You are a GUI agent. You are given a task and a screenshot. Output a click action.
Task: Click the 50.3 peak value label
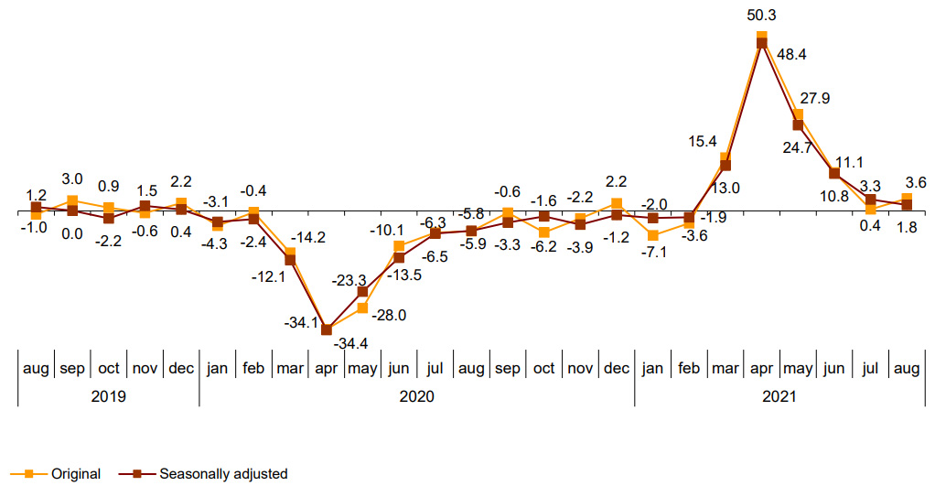pos(761,16)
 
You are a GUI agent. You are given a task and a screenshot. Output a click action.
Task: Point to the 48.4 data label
pos(791,55)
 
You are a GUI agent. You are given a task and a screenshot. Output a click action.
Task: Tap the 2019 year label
pos(109,397)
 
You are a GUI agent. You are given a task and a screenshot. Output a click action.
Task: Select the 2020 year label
pos(417,397)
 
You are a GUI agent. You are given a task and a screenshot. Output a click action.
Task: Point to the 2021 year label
pos(779,397)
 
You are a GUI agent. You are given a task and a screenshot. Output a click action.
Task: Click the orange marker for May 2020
pos(362,308)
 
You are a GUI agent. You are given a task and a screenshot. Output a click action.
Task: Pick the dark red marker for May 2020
pos(362,292)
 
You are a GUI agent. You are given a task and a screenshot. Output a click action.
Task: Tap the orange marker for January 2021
pos(653,236)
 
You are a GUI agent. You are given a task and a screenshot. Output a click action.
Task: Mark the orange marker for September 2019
pos(72,200)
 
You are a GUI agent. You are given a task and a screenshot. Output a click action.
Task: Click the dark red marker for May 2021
pos(798,124)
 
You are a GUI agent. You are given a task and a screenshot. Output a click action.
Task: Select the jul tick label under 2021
pos(870,368)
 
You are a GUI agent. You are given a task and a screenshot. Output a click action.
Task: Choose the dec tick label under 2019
pos(181,368)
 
